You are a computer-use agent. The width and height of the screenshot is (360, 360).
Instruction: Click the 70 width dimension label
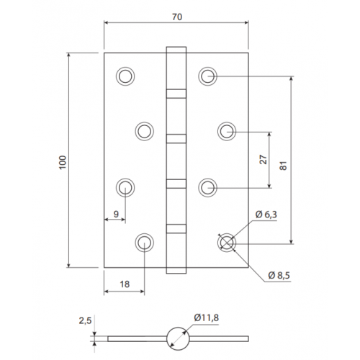[x=177, y=17]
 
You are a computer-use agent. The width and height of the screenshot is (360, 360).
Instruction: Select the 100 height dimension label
[x=63, y=162]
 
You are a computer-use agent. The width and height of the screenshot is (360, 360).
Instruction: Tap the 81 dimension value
[x=284, y=166]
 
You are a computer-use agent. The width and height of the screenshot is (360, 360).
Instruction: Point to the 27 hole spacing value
[x=264, y=160]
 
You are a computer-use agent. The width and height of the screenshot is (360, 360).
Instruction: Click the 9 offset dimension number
[x=116, y=214]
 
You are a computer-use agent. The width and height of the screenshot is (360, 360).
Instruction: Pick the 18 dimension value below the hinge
[x=125, y=284]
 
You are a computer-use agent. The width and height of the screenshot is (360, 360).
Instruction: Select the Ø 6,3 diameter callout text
[x=266, y=215]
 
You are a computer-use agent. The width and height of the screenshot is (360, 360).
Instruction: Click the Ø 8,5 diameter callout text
[x=279, y=276]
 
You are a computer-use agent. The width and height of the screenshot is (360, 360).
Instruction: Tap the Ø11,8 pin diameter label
[x=207, y=318]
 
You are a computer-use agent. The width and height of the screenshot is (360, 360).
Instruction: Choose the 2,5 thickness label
[x=86, y=320]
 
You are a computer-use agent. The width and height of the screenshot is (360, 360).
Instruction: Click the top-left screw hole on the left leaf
[x=125, y=76]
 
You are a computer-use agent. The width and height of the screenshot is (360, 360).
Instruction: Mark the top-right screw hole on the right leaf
[x=208, y=76]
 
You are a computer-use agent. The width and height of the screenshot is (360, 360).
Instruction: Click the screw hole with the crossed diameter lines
[x=227, y=243]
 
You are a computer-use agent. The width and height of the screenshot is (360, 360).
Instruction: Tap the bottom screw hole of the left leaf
[x=144, y=243]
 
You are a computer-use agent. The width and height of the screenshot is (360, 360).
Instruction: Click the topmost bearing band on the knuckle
[x=176, y=94]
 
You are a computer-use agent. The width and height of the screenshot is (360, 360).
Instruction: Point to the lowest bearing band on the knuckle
[x=176, y=229]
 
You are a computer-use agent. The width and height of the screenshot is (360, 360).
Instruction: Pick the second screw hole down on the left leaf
[x=144, y=131]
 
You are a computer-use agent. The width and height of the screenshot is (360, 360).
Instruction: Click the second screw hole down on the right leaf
[x=227, y=131]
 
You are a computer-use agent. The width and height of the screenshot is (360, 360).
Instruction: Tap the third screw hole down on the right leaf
[x=208, y=187]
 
